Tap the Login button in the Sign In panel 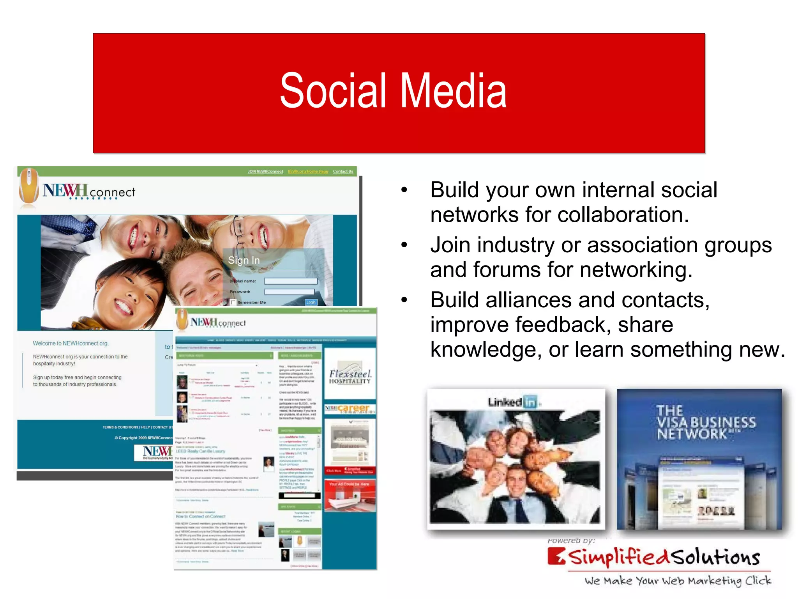[311, 302]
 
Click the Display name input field [291, 281]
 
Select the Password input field [289, 292]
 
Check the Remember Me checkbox [233, 302]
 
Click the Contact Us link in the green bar [343, 172]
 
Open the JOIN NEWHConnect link [265, 172]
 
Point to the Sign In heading [244, 260]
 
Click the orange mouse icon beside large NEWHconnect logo [29, 186]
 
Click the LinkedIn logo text [512, 402]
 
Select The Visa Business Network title [705, 422]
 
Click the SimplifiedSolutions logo [655, 557]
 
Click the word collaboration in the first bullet [620, 214]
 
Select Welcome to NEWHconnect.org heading [71, 343]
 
